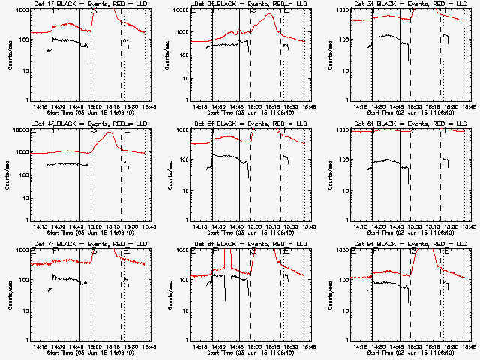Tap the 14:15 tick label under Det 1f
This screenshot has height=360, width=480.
coord(41,106)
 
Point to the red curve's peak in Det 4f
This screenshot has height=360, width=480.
coord(111,133)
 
